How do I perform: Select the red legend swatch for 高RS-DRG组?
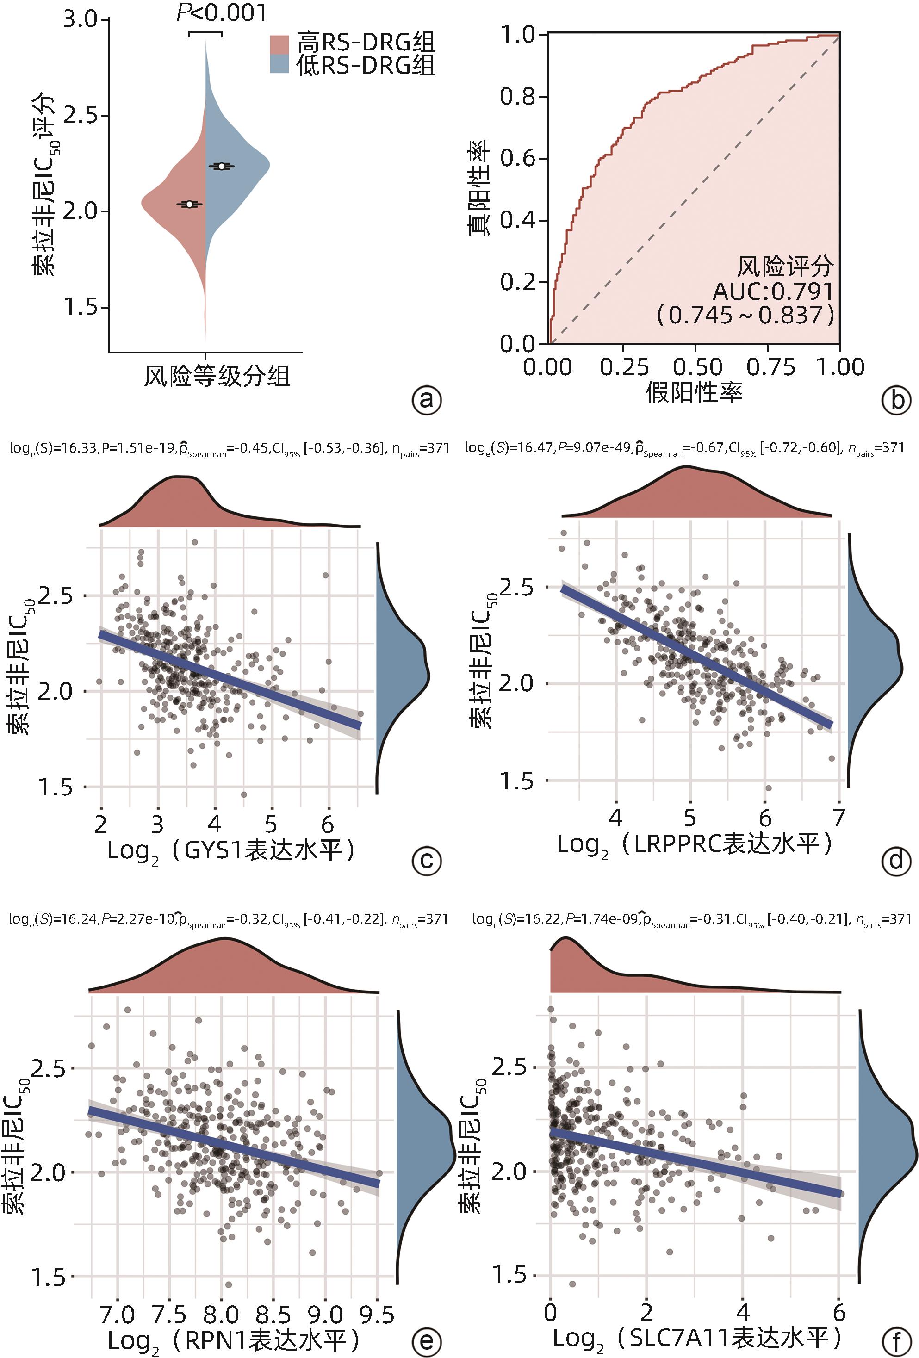coord(280,44)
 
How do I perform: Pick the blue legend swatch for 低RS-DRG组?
coord(280,64)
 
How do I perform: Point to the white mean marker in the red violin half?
coord(189,204)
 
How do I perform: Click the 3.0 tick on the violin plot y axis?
coord(80,20)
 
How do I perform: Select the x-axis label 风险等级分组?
coord(217,376)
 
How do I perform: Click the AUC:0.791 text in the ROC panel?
coord(772,291)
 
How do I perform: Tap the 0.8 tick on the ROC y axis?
coord(518,96)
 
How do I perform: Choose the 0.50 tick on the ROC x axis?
coord(695,367)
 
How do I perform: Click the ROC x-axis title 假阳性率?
coord(694,392)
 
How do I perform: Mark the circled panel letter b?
coord(896,400)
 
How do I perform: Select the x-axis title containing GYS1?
coord(231,851)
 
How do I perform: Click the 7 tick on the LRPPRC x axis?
coord(839,818)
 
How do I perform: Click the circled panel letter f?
coord(896,1340)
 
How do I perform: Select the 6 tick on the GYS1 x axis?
coord(328,824)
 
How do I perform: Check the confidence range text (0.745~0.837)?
coord(745,316)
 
